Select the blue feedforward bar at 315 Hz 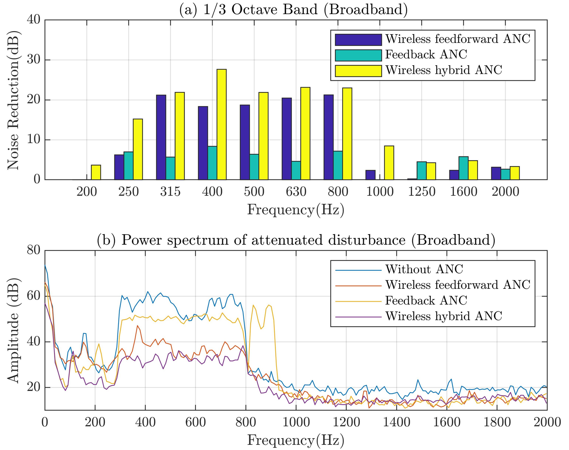[161, 137]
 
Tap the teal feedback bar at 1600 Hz [463, 168]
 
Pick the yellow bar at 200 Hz [96, 172]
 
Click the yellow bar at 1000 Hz [389, 163]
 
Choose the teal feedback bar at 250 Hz [129, 166]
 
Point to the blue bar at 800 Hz [329, 137]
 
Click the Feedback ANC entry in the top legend [426, 55]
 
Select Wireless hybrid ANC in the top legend [443, 70]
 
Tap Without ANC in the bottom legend [424, 269]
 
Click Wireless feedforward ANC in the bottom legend [457, 285]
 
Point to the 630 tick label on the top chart [296, 192]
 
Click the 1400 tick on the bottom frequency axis [396, 422]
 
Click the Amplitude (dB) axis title [13, 330]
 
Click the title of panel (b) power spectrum [296, 240]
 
